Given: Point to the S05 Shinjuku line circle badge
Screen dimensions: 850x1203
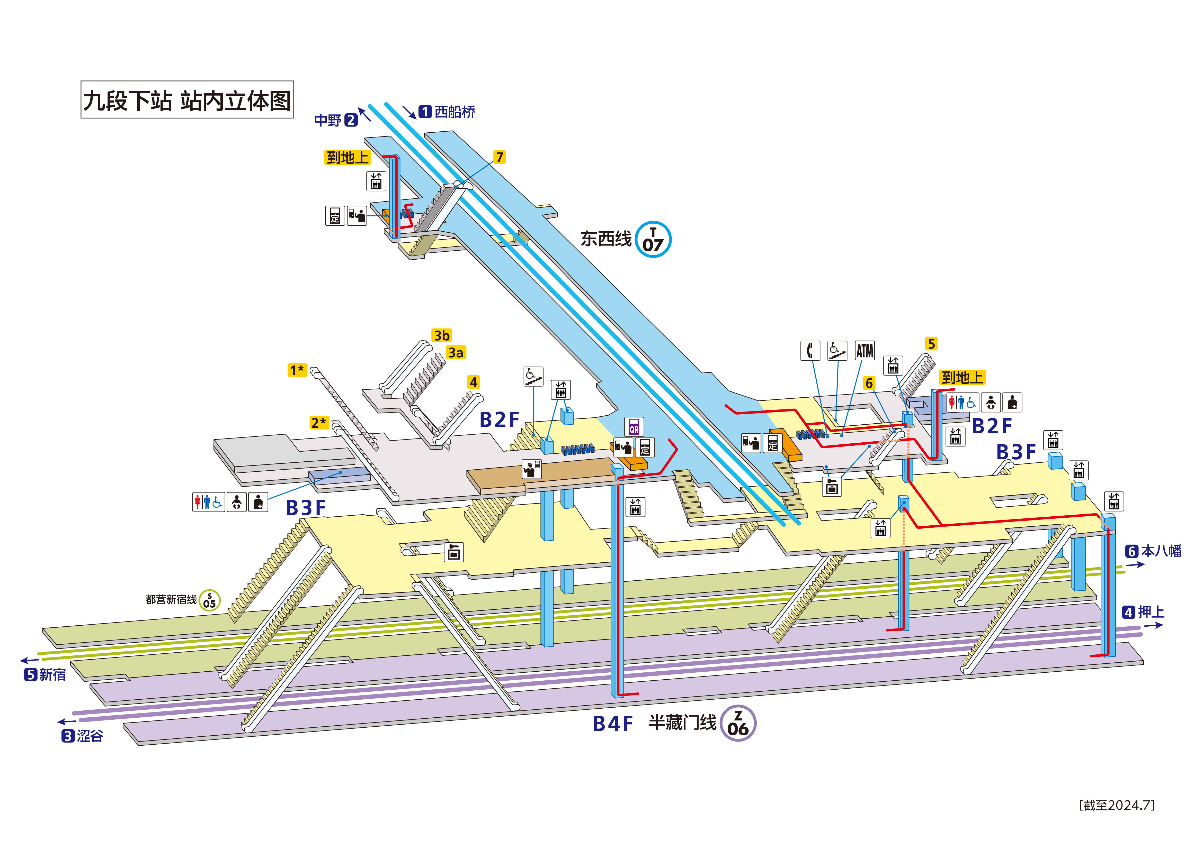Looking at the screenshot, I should click(x=210, y=600).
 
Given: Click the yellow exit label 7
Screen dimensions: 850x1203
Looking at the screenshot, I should click(x=499, y=157).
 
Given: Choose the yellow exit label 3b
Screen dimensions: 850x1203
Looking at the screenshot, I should click(x=441, y=335).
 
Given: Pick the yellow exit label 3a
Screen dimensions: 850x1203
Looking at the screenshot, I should click(x=455, y=352).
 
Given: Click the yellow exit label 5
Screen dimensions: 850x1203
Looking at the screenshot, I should click(x=931, y=344).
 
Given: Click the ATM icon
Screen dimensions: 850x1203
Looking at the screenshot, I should click(x=865, y=350).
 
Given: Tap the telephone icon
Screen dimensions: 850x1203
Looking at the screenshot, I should click(x=810, y=350).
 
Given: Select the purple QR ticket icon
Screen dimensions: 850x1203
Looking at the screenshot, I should click(x=634, y=427).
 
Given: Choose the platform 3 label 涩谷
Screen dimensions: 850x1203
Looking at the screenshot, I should click(x=83, y=736).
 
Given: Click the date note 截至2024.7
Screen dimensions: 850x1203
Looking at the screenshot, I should click(x=1117, y=805).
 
